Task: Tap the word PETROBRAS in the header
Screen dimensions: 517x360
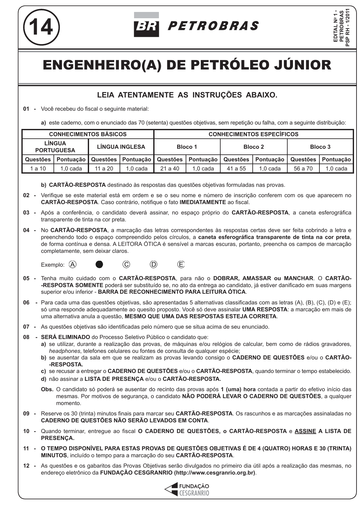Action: [x=213, y=26]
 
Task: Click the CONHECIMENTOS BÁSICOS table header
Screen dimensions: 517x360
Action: [x=88, y=134]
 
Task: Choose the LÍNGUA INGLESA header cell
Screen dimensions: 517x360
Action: [x=121, y=147]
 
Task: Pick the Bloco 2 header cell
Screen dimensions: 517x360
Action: [x=254, y=147]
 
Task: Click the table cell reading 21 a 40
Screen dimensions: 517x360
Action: [x=170, y=169]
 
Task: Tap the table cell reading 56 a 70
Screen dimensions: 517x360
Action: [x=303, y=169]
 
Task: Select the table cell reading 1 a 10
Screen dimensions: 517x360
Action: [x=38, y=169]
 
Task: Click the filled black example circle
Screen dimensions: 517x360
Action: [x=99, y=264]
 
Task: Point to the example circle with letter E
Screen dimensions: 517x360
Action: [x=181, y=264]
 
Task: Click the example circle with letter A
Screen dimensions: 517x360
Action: [x=72, y=264]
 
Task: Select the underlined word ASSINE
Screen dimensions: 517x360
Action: [x=305, y=431]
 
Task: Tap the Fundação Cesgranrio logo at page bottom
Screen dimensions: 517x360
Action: [x=187, y=490]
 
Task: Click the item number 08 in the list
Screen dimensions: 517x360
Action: [x=26, y=337]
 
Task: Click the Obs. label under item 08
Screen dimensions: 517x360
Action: [x=47, y=389]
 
